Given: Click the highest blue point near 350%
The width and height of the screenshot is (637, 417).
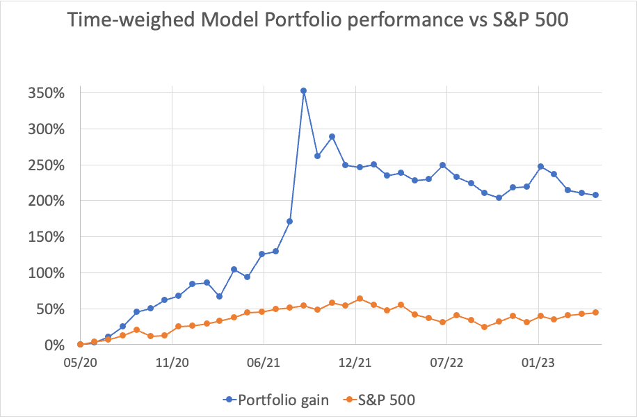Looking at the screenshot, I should (x=303, y=90).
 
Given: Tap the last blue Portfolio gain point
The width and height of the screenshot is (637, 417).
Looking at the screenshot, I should (x=596, y=195).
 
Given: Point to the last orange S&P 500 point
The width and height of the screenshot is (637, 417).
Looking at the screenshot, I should (x=596, y=313).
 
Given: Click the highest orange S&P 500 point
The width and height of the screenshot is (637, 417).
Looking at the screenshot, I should (x=360, y=299).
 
